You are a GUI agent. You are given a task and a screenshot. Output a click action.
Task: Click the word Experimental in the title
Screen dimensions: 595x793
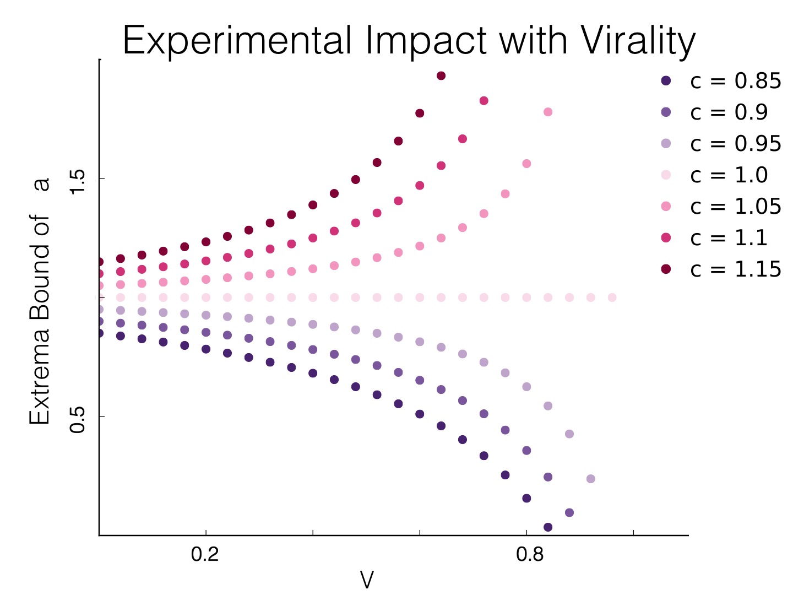[x=237, y=42]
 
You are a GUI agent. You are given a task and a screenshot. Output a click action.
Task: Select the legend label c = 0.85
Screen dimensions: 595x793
[x=735, y=81]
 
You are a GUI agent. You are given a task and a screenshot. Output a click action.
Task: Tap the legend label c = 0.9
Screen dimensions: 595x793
[x=729, y=112]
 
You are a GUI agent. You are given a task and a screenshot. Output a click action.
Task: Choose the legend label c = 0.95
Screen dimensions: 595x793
[x=735, y=144]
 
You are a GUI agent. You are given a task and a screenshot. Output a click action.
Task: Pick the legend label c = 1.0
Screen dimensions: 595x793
[x=729, y=175]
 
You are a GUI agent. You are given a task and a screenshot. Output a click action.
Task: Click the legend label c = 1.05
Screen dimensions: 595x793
[x=735, y=207]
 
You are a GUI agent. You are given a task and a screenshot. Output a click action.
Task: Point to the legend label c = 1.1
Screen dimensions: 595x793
[x=729, y=238]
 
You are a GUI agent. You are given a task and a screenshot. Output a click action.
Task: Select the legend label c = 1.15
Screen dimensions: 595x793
[x=735, y=269]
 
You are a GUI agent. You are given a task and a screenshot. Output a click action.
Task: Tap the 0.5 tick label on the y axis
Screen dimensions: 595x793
[x=77, y=417]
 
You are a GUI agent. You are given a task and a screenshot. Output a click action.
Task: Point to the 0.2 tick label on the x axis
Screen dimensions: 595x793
[x=205, y=554]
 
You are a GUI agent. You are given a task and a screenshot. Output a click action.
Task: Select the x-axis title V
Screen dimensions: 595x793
[x=366, y=580]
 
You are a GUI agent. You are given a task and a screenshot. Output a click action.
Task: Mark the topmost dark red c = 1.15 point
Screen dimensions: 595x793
[x=441, y=75]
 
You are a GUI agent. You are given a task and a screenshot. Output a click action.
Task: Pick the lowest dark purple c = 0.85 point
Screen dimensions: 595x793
[x=548, y=527]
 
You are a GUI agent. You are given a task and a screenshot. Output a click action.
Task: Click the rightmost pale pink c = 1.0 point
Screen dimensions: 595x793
[x=612, y=297]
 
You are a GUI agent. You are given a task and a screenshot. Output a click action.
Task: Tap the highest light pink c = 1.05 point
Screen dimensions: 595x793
[x=548, y=112]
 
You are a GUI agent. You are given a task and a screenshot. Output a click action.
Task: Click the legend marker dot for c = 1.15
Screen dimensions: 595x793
[x=666, y=269]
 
